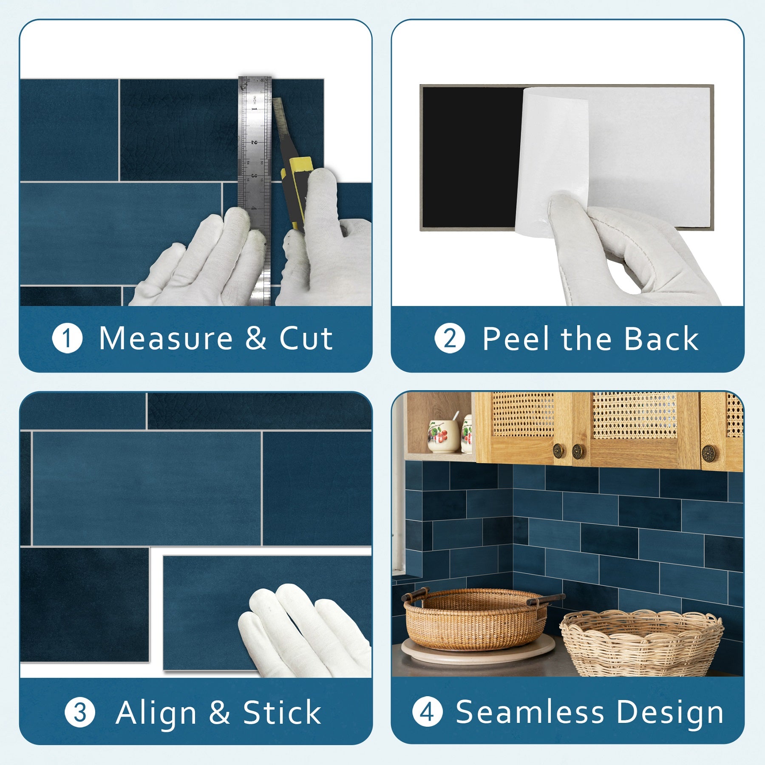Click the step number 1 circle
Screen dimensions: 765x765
67,338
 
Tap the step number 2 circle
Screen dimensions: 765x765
450,338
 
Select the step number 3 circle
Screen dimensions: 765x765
80,712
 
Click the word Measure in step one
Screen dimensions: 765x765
166,339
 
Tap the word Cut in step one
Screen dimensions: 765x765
306,339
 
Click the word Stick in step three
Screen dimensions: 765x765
282,712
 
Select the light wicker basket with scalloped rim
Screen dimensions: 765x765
642,643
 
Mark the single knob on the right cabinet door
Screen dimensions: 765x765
708,453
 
